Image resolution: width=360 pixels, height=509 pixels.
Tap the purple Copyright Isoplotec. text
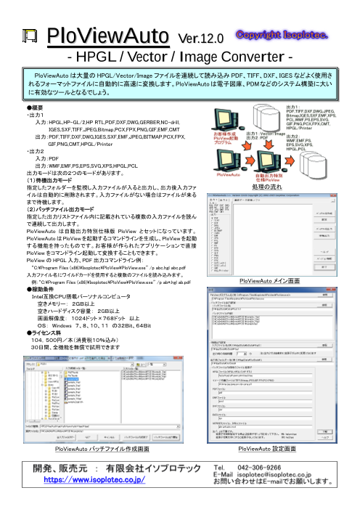tap(284, 34)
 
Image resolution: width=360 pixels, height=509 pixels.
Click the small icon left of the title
tap(30, 37)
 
